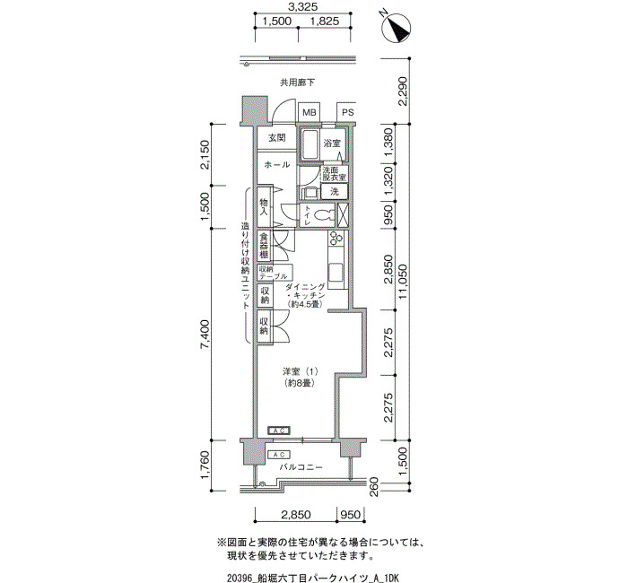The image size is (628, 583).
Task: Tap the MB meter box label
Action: click(310, 112)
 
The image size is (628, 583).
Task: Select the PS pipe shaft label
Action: click(348, 112)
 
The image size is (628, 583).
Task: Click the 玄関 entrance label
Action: click(276, 138)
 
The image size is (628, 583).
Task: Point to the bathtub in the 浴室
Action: click(310, 144)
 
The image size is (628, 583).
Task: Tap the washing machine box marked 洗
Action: click(334, 192)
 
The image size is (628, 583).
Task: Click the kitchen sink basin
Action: click(336, 273)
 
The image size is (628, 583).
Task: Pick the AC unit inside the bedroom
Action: click(279, 431)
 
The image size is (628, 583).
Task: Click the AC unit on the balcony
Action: click(279, 455)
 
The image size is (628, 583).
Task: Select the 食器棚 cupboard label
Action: click(264, 246)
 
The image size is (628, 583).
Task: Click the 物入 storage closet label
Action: click(264, 206)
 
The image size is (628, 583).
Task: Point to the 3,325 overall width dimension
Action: click(303, 6)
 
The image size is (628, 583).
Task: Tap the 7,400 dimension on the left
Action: click(205, 335)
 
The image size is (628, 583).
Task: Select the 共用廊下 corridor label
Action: click(297, 83)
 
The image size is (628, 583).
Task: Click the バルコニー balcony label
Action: click(301, 467)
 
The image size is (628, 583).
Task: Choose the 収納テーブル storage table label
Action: click(273, 273)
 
